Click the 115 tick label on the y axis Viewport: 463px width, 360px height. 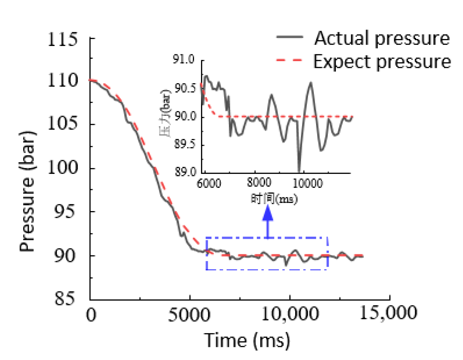point(63,39)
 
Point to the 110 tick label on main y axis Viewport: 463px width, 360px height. point(63,81)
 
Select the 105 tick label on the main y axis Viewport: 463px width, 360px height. point(63,124)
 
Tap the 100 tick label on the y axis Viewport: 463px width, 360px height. point(63,167)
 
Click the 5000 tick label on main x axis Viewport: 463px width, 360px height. point(189,314)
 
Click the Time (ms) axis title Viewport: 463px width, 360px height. point(247,340)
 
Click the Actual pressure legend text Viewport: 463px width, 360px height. point(382,38)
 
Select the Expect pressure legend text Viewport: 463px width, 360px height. point(382,62)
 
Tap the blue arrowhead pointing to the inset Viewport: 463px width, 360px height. point(268,214)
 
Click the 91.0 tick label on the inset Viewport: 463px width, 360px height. point(184,59)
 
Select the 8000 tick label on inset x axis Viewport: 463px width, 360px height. point(259,182)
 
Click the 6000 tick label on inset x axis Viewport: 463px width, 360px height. point(209,184)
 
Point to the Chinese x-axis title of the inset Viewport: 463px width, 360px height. point(274,199)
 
